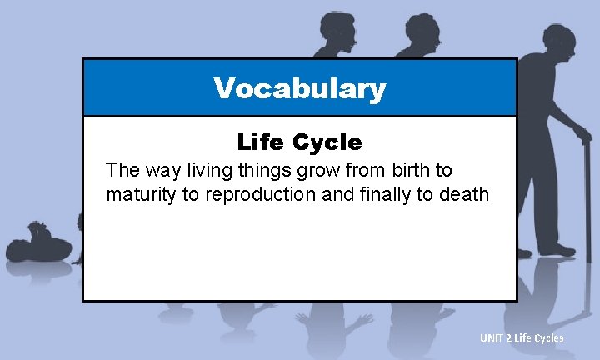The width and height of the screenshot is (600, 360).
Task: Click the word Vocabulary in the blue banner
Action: point(299,88)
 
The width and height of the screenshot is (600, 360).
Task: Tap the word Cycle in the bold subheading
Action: point(327,142)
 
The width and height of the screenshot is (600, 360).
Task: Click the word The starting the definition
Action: point(121,171)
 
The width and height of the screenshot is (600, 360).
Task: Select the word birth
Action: point(397,171)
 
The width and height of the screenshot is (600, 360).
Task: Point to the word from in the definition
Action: point(352,171)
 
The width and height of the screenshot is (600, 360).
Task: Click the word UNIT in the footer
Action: point(491,337)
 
